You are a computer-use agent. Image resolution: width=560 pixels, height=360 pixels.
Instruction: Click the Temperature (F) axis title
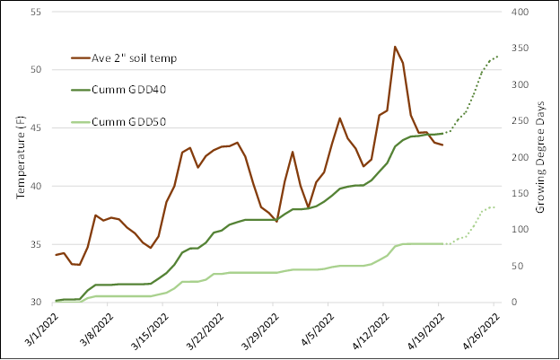(x=19, y=158)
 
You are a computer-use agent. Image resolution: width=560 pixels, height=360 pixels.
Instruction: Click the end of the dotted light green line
(x=497, y=206)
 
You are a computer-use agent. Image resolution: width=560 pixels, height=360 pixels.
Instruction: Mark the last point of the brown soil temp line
(x=442, y=145)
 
